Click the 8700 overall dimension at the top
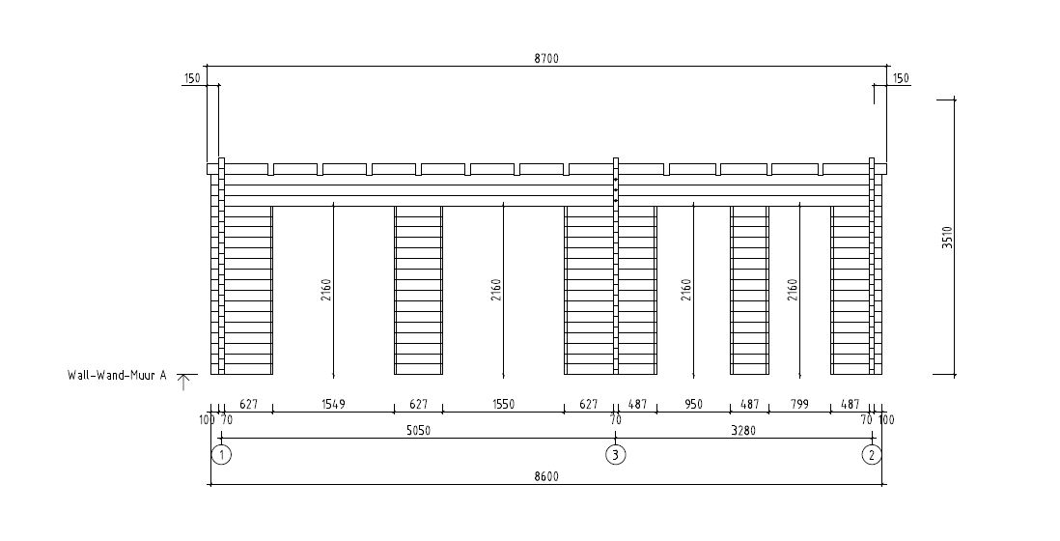coord(546,58)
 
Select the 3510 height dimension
coord(947,238)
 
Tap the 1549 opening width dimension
coord(333,405)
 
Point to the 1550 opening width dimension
coord(503,405)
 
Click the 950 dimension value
coord(693,405)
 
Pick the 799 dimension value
coord(799,405)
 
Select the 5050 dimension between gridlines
coord(416,432)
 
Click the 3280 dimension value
coord(741,432)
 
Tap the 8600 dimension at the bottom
coord(546,476)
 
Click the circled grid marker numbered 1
coord(221,455)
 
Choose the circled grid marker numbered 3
coord(615,455)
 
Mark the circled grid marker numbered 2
coord(872,455)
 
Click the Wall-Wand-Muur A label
coord(117,375)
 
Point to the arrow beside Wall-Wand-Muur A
coord(181,381)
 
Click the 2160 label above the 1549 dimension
coord(326,290)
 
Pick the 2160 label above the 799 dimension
coord(793,290)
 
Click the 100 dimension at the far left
coord(207,420)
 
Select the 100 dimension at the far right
coord(886,420)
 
